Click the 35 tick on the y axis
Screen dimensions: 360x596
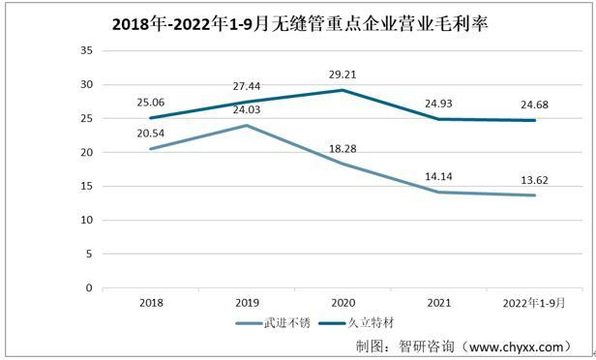click(85, 51)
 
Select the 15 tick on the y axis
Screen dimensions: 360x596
click(85, 187)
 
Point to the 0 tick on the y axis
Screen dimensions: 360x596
click(88, 288)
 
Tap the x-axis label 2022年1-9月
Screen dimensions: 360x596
click(533, 303)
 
